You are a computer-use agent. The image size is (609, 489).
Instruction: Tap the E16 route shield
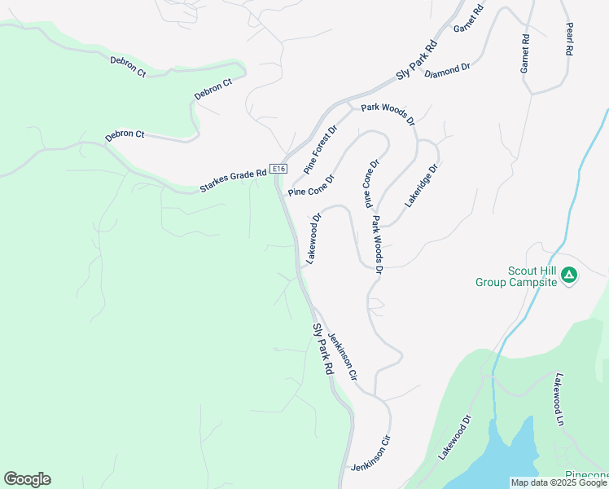(279, 169)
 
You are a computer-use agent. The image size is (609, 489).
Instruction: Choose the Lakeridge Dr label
(422, 183)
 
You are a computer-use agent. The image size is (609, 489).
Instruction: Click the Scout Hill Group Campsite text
(516, 276)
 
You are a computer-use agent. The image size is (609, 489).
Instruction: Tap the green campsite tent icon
(569, 275)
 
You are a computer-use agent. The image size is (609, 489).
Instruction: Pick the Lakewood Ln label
(560, 400)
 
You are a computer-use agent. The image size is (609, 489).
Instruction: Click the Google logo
(27, 479)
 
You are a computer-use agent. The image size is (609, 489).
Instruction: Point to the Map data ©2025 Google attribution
(559, 482)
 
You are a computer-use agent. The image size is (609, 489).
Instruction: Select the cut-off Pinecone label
(587, 475)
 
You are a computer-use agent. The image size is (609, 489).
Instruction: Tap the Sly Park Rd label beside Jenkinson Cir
(323, 349)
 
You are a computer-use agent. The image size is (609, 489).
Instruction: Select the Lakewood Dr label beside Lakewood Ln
(456, 438)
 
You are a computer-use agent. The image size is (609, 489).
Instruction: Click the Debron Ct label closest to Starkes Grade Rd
(125, 136)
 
